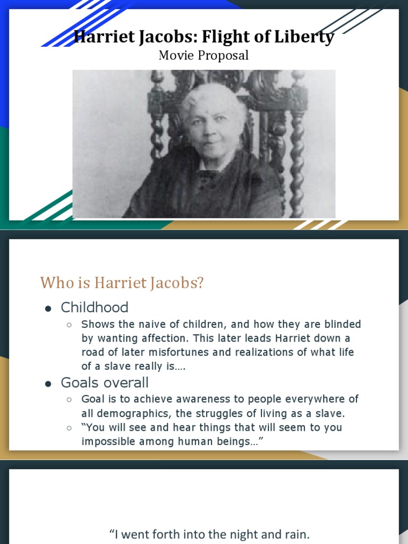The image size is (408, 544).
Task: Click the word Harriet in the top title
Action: click(x=98, y=37)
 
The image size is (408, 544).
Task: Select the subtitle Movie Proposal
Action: click(x=203, y=55)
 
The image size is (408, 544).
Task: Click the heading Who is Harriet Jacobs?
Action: click(x=122, y=283)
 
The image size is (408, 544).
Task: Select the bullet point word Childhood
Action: click(x=95, y=308)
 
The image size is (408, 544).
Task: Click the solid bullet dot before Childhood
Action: click(x=48, y=309)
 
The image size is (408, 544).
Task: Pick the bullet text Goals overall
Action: click(x=105, y=383)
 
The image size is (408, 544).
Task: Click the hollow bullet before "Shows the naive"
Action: click(x=70, y=325)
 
